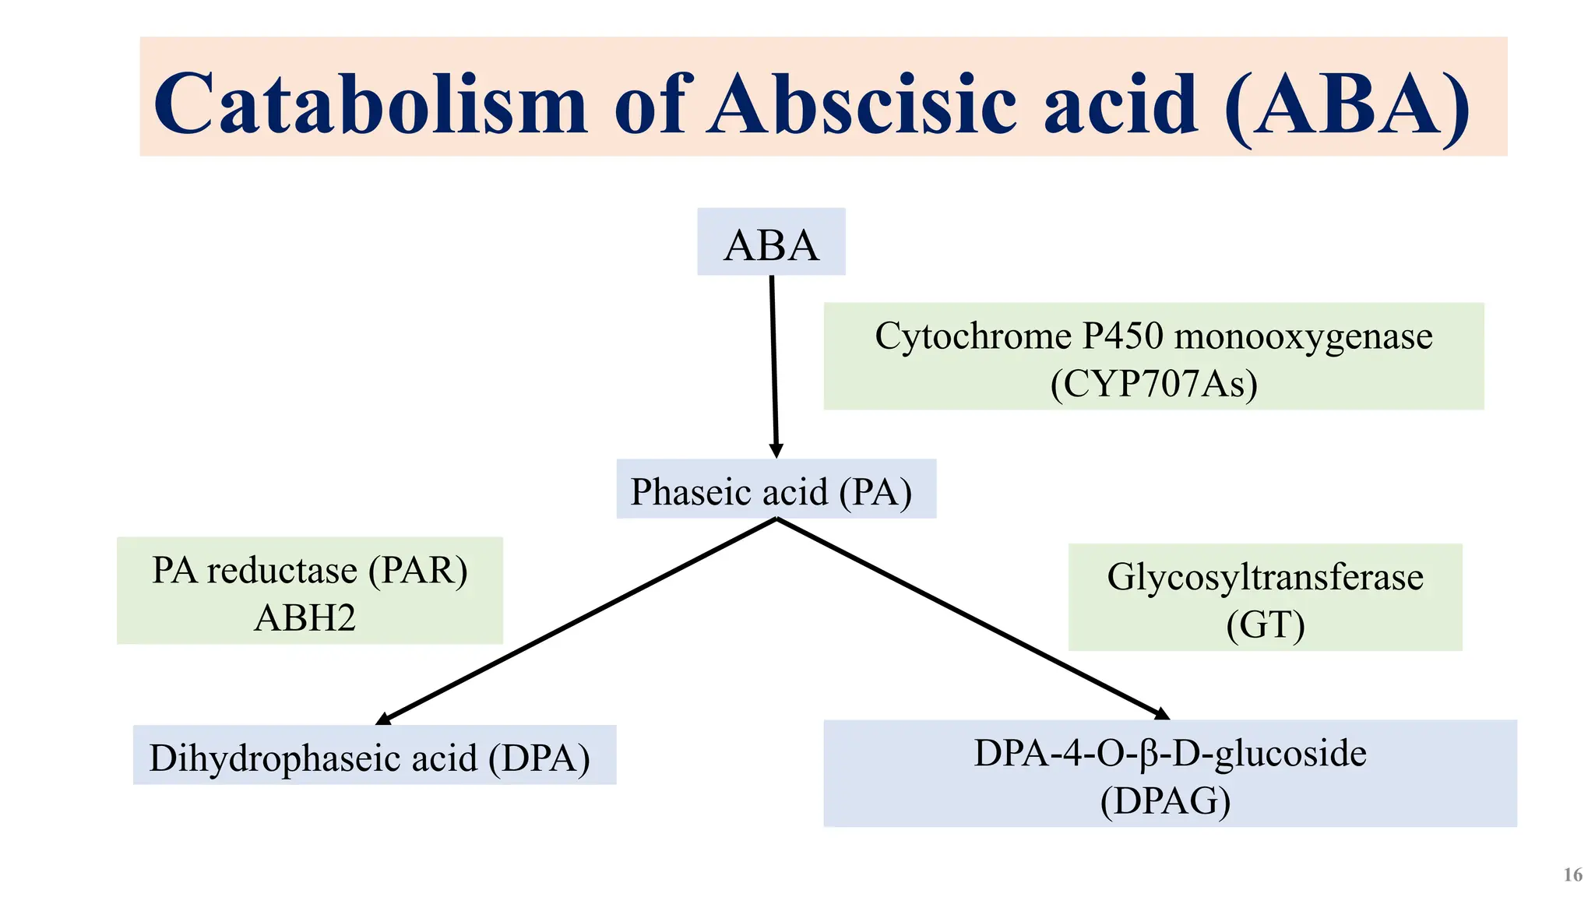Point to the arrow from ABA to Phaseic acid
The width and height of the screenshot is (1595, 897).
click(774, 366)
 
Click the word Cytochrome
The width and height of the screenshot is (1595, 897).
click(973, 336)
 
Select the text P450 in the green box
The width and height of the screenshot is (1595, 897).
click(1122, 336)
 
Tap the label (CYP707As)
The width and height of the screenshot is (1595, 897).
click(1153, 384)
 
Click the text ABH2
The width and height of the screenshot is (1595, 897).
click(305, 618)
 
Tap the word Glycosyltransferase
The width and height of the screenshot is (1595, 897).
click(1265, 578)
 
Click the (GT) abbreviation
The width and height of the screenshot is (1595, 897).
click(1265, 625)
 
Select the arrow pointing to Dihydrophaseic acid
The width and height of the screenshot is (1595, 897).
click(576, 621)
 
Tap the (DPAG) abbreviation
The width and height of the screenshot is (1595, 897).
click(1165, 801)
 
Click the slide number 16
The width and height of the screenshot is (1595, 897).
click(1572, 875)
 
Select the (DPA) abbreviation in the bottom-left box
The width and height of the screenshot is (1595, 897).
click(539, 758)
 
